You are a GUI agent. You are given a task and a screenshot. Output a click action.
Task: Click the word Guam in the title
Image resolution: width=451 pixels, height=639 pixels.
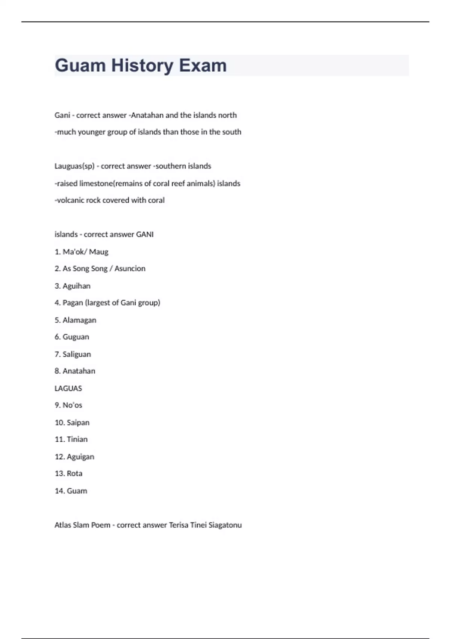click(x=80, y=65)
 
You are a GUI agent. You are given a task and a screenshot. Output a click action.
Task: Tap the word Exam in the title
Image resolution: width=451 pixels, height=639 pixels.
click(x=203, y=65)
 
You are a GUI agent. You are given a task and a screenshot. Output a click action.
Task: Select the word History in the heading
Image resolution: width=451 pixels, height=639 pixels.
click(x=142, y=65)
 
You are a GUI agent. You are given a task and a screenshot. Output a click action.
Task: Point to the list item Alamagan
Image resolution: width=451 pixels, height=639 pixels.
click(x=79, y=320)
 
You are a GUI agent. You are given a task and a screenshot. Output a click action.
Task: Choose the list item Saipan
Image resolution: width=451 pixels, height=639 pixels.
click(x=78, y=422)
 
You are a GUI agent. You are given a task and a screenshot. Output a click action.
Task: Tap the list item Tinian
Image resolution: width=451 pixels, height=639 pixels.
click(x=77, y=439)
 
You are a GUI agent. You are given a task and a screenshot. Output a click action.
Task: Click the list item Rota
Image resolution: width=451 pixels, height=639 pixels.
click(x=74, y=473)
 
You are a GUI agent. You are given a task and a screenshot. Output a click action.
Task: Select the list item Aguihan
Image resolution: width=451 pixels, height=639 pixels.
click(x=76, y=286)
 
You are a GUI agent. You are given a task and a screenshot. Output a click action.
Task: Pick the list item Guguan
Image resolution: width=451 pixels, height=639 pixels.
click(x=76, y=337)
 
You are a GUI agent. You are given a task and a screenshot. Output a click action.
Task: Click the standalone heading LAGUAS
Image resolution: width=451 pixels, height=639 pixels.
click(x=68, y=388)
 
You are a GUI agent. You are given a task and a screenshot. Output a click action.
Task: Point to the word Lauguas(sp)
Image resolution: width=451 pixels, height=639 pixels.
click(x=74, y=166)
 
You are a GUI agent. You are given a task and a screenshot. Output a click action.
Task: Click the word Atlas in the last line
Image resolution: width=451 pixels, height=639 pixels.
click(x=62, y=525)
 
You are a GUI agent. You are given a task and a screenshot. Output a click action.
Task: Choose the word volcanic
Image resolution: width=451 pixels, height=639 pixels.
click(x=70, y=200)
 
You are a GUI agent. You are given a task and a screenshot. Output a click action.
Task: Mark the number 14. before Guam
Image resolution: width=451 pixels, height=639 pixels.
click(x=60, y=491)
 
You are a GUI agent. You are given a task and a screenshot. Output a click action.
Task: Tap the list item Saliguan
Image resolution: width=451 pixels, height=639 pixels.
click(x=77, y=354)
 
